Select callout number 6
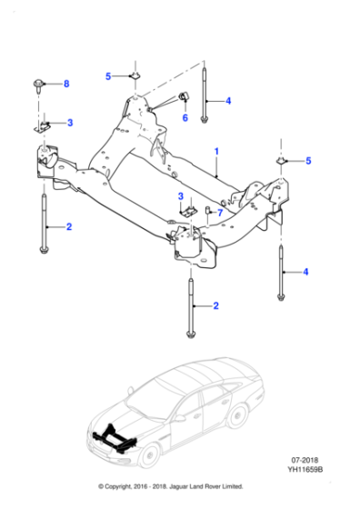click(x=184, y=118)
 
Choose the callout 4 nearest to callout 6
click(x=228, y=101)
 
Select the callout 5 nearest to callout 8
click(x=107, y=76)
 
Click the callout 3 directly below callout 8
click(x=70, y=123)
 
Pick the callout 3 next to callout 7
click(x=181, y=196)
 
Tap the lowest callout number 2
click(x=215, y=306)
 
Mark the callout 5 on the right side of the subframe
click(x=307, y=161)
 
